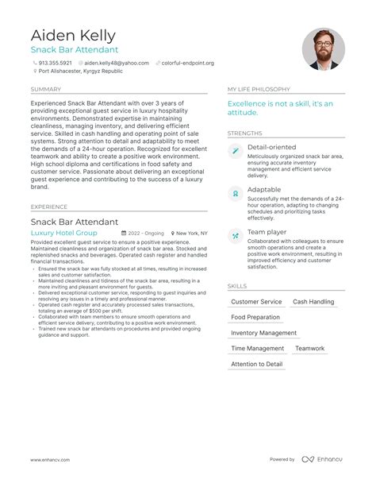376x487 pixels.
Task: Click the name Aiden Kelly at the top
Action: [x=73, y=35]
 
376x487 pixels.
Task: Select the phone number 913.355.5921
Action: [x=55, y=62]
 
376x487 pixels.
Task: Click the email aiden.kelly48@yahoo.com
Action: [x=117, y=62]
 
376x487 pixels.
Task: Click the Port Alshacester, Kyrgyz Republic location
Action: [x=75, y=71]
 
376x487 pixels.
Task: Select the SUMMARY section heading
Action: [x=45, y=89]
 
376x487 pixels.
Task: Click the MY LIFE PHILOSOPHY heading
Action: [x=257, y=89]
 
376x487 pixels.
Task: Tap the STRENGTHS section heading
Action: [x=244, y=133]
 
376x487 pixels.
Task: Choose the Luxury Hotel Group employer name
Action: [x=63, y=234]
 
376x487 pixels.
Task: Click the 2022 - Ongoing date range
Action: [x=145, y=234]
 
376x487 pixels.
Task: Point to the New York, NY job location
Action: [x=191, y=234]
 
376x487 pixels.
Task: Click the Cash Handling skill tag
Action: [x=313, y=302]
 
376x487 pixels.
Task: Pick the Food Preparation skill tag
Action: [x=255, y=318]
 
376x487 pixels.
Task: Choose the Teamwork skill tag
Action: [x=310, y=349]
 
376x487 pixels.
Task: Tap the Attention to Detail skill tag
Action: [x=257, y=364]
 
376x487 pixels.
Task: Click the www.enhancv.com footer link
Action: [x=50, y=460]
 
